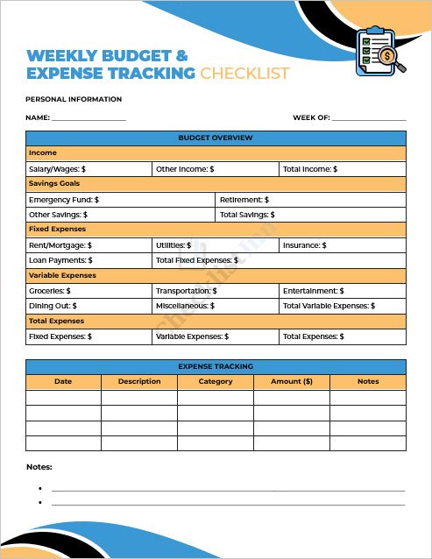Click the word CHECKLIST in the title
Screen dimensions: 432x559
coord(244,74)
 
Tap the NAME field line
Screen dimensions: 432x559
coord(89,118)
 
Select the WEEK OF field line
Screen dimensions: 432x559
coord(369,118)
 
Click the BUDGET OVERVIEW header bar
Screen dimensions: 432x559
coord(216,138)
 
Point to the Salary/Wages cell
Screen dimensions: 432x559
coord(88,169)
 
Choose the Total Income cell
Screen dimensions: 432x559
coord(342,169)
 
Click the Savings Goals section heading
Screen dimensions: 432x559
coord(216,184)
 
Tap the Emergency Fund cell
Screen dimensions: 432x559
coord(120,200)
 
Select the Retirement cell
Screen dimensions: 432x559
coord(311,200)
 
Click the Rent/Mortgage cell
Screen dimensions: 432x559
coord(88,245)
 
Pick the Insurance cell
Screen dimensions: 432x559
coord(342,245)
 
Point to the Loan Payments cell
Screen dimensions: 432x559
coord(88,260)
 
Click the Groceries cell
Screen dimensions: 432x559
coord(88,291)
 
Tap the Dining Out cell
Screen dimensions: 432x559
coord(88,306)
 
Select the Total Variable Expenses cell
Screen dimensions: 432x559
coord(342,306)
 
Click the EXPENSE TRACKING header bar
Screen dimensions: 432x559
coord(216,366)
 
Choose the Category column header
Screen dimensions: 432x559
coord(216,381)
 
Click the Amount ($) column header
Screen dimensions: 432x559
coord(292,381)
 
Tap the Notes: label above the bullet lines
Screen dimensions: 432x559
coord(39,467)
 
